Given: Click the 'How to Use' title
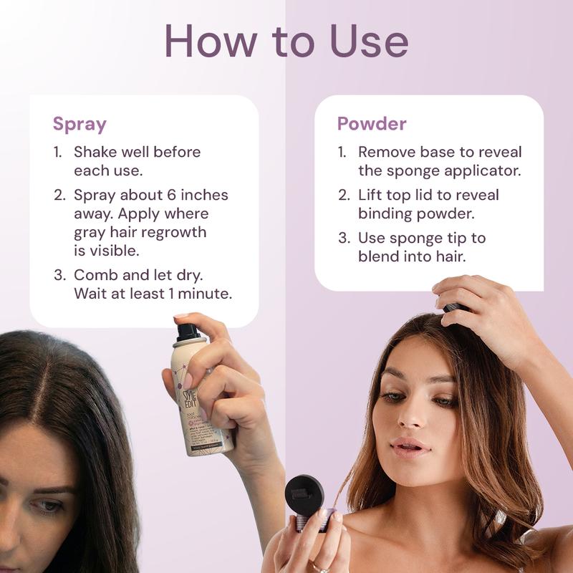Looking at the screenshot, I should [x=286, y=41].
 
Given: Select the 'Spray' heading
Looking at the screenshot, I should [x=80, y=124].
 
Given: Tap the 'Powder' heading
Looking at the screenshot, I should [x=372, y=124].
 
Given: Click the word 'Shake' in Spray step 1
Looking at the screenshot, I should [x=95, y=153].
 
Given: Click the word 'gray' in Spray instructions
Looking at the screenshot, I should [x=90, y=233].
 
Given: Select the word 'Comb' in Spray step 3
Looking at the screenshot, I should [x=93, y=275].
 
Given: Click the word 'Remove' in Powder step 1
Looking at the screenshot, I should [x=387, y=153].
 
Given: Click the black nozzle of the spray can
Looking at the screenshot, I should [x=187, y=331].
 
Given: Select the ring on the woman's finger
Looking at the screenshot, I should [x=315, y=567].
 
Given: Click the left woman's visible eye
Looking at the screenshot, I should [x=47, y=506].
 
